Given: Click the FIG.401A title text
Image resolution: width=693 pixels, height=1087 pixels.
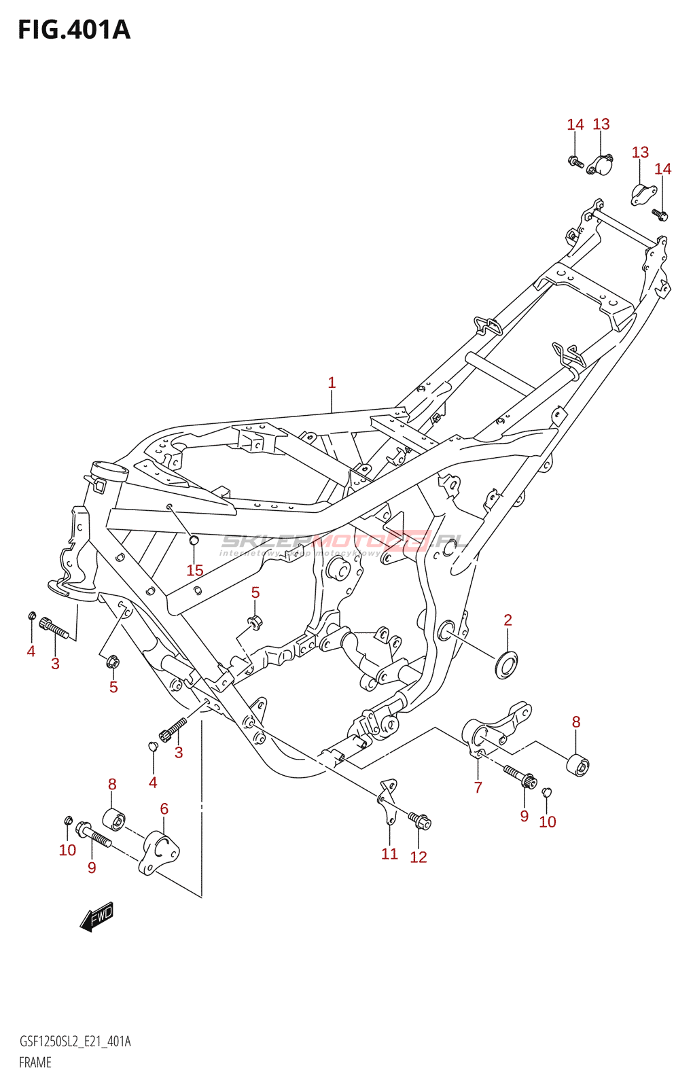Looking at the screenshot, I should pos(73,30).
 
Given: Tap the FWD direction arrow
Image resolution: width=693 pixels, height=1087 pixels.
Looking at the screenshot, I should pos(96,916).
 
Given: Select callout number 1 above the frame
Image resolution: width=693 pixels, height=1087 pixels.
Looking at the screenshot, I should pos(332,383).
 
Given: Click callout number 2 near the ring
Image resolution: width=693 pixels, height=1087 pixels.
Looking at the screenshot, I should pos(508,620).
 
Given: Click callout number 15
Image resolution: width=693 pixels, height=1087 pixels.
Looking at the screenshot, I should pos(195,571).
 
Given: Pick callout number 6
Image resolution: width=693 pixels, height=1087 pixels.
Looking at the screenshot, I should pos(164,809).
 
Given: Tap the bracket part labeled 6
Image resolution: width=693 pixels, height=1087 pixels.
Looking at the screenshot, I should pos(160,852).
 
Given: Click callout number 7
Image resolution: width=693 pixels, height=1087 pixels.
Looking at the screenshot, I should pos(478,787).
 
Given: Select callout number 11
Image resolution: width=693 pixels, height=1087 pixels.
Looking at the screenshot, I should pos(389,854).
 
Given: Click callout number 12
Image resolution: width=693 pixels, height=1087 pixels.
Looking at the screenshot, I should pos(419,857).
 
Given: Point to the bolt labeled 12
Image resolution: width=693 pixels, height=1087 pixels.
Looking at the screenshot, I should pos(420,821).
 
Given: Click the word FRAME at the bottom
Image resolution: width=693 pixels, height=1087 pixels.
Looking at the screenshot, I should pos(35,1063).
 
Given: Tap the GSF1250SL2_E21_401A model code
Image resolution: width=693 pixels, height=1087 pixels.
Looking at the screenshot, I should pos(75,1041).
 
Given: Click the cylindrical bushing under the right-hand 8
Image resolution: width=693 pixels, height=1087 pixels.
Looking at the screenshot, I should pos(578,765).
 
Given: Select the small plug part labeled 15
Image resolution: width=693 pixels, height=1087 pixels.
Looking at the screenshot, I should pos(193,540).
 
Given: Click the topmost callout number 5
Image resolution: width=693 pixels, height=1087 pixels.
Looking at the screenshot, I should pos(255,592).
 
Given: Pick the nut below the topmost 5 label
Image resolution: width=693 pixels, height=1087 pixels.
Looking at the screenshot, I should pos(255,621).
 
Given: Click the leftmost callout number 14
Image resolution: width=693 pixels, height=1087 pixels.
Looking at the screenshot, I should pos(575,124).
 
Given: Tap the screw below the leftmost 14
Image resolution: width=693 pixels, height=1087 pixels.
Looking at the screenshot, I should pos(576,162).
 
